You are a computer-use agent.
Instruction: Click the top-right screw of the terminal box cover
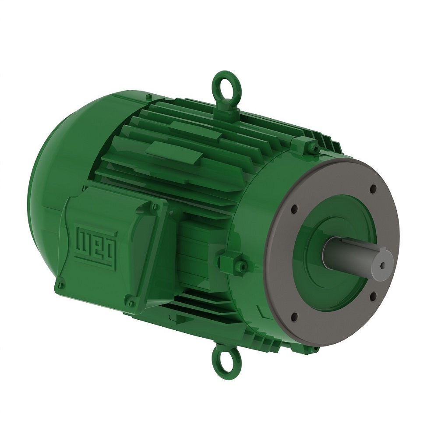(154, 206)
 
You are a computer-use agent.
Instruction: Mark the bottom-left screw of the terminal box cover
(61, 286)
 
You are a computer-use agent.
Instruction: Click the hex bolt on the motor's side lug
(239, 265)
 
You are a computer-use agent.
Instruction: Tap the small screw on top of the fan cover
(149, 96)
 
